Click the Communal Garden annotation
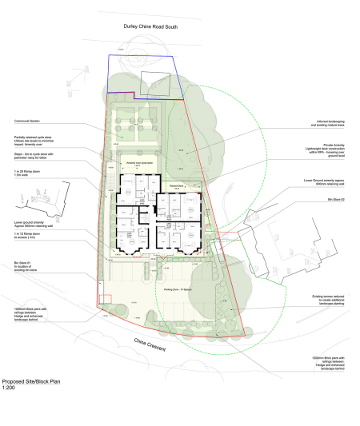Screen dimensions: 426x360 [x=28, y=121]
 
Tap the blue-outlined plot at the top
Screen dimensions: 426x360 [x=144, y=76]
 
